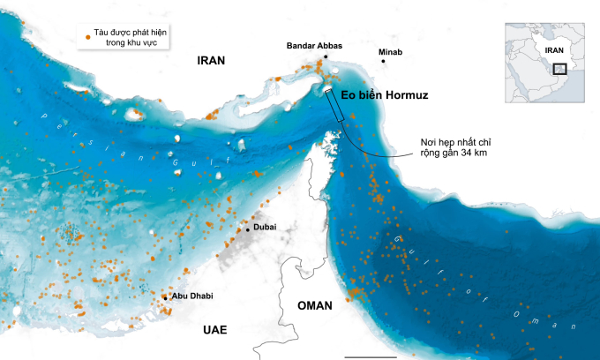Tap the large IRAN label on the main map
pos(211,61)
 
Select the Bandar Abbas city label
pos(315,46)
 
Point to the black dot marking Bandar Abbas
pos(325,57)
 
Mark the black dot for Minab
pos(384,61)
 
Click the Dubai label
pos(265,227)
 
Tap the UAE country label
pos(214,330)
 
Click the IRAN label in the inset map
pos(555,51)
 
